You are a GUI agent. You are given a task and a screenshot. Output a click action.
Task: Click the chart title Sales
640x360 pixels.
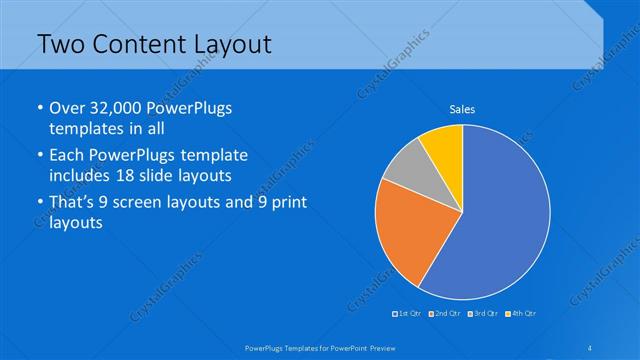point(462,109)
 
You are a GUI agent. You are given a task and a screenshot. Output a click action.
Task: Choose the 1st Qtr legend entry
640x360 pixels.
point(408,315)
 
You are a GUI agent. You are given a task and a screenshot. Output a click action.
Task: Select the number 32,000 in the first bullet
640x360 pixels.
point(124,108)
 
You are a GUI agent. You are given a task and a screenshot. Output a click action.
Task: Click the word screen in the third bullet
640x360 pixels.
point(151,203)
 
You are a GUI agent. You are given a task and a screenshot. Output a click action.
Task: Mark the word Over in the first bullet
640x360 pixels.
point(68,108)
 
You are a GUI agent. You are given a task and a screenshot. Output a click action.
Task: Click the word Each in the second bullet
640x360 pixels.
point(68,156)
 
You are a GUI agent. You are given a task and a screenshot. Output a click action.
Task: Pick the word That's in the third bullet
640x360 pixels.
point(73,203)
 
